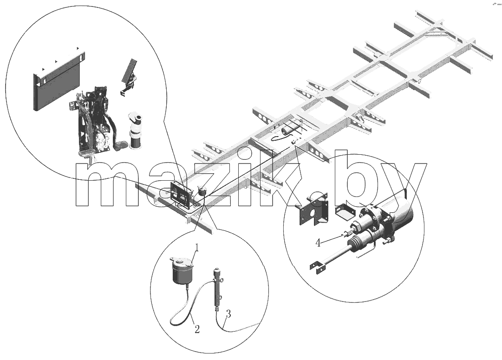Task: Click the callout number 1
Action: pos(197,247)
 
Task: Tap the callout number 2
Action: pos(197,329)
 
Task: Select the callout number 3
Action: pos(228,314)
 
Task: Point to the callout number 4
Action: pos(318,243)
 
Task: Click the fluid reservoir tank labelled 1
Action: pos(181,271)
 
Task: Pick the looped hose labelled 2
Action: pos(189,304)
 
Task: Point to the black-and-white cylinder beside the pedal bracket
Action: pos(136,130)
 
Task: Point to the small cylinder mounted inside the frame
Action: pos(287,131)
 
